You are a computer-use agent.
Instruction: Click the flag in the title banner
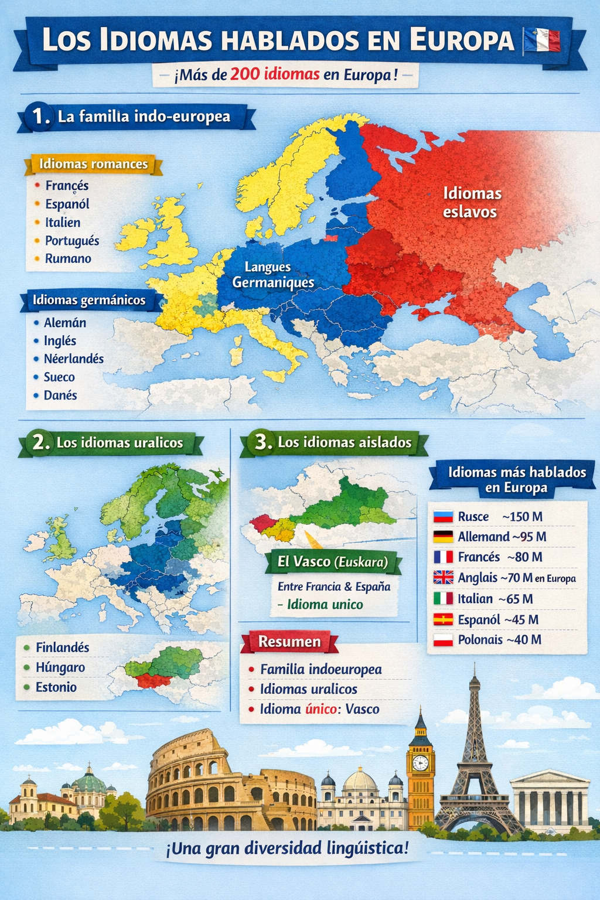pyautogui.click(x=541, y=40)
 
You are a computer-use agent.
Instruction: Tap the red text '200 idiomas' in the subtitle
pyautogui.click(x=275, y=74)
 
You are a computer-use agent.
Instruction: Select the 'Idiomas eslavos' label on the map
pyautogui.click(x=472, y=202)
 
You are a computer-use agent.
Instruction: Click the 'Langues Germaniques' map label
pyautogui.click(x=272, y=275)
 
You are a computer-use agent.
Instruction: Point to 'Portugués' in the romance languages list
pyautogui.click(x=72, y=241)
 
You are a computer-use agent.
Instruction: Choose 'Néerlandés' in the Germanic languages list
pyautogui.click(x=73, y=359)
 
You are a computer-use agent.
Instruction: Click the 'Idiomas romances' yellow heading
pyautogui.click(x=93, y=164)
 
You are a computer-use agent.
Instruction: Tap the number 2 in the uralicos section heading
pyautogui.click(x=39, y=442)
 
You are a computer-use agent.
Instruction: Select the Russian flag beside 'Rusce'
pyautogui.click(x=444, y=517)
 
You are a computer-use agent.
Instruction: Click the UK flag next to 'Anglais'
pyautogui.click(x=444, y=578)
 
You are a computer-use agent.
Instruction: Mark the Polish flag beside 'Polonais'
pyautogui.click(x=444, y=640)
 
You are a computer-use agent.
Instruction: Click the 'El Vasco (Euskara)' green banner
pyautogui.click(x=332, y=562)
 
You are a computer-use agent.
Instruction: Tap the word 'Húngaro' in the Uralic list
pyautogui.click(x=60, y=667)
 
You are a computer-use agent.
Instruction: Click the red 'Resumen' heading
pyautogui.click(x=289, y=642)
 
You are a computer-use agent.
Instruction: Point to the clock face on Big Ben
pyautogui.click(x=420, y=762)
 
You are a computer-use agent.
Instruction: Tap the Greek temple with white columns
pyautogui.click(x=549, y=800)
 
